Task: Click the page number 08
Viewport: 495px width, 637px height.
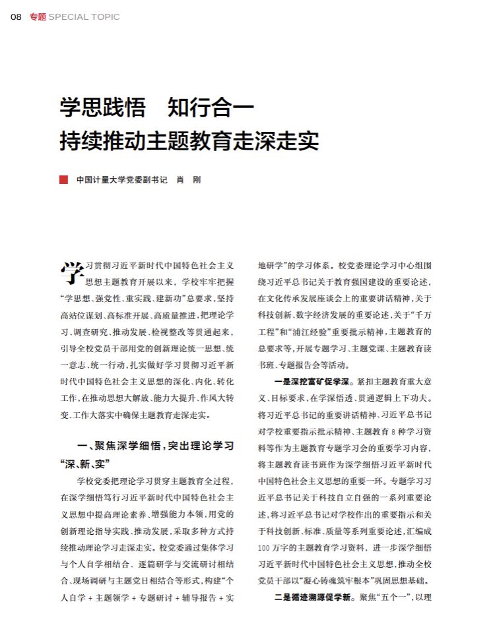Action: [16, 16]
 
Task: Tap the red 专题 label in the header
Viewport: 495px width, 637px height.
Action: [38, 16]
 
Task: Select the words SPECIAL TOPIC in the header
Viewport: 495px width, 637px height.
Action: [84, 16]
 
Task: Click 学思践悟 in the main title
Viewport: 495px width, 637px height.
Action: [102, 107]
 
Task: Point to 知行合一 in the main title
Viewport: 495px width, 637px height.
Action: [210, 107]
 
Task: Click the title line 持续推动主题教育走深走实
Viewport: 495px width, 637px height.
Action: [189, 140]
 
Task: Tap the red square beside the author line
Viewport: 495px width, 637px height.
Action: [63, 179]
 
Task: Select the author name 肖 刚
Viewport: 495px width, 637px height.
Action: [187, 179]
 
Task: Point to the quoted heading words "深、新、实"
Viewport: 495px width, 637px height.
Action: [84, 463]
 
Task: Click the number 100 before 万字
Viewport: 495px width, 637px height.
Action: [263, 548]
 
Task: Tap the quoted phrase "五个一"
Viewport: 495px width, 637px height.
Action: [395, 599]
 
